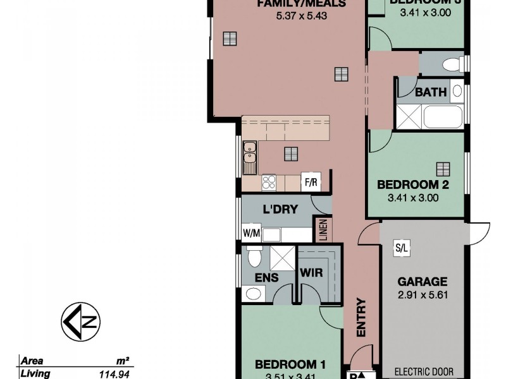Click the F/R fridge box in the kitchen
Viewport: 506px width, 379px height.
point(311,182)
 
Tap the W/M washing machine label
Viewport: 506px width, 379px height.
point(252,233)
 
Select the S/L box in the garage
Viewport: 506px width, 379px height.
point(401,248)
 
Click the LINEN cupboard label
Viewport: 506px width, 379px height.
point(323,230)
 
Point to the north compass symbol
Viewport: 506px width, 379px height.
point(81,322)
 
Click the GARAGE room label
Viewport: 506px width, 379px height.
point(423,282)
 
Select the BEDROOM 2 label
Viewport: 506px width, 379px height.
point(413,185)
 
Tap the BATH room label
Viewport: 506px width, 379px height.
point(431,92)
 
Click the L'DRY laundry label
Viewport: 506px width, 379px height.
point(280,209)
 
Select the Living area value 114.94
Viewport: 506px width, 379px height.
point(115,374)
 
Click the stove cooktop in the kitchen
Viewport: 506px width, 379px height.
point(269,182)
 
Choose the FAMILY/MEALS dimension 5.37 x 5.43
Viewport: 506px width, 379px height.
point(301,16)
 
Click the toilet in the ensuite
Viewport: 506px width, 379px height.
point(254,256)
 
